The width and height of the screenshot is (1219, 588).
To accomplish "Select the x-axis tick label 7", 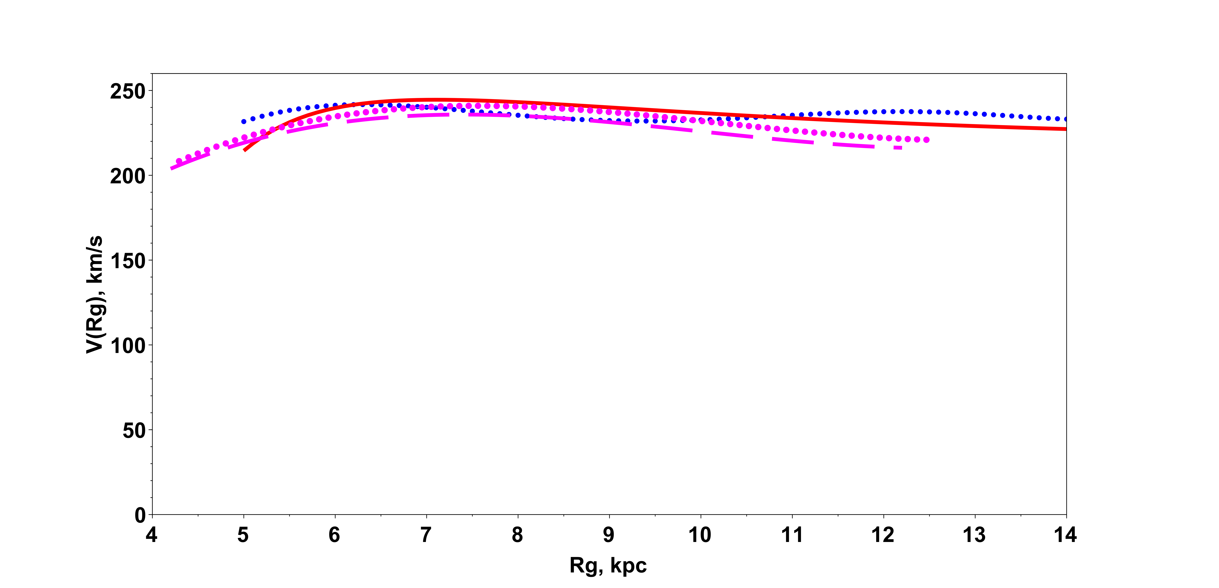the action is tap(426, 535).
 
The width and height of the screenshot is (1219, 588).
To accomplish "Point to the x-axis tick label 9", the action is tap(609, 535).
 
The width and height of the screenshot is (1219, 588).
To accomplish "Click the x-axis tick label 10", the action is tap(700, 535).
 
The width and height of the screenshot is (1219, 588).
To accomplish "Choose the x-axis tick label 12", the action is tap(883, 535).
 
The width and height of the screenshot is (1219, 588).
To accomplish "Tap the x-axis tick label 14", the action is tap(1066, 535).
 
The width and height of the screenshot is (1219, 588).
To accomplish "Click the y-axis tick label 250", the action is tap(128, 91).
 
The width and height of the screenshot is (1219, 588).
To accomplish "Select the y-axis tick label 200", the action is tap(128, 176).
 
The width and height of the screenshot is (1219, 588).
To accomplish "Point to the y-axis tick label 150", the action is tap(128, 261).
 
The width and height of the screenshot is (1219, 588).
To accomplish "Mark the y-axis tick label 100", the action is tap(128, 346).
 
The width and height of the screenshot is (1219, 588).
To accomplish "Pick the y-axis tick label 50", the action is tap(134, 430).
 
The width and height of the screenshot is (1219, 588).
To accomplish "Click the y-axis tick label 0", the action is tap(140, 515).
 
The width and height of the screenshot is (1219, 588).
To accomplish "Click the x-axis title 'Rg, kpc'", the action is tap(608, 565).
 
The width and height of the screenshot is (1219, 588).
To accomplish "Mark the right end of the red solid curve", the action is tap(1066, 129).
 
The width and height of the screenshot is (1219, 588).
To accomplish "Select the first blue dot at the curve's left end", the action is tap(244, 122).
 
